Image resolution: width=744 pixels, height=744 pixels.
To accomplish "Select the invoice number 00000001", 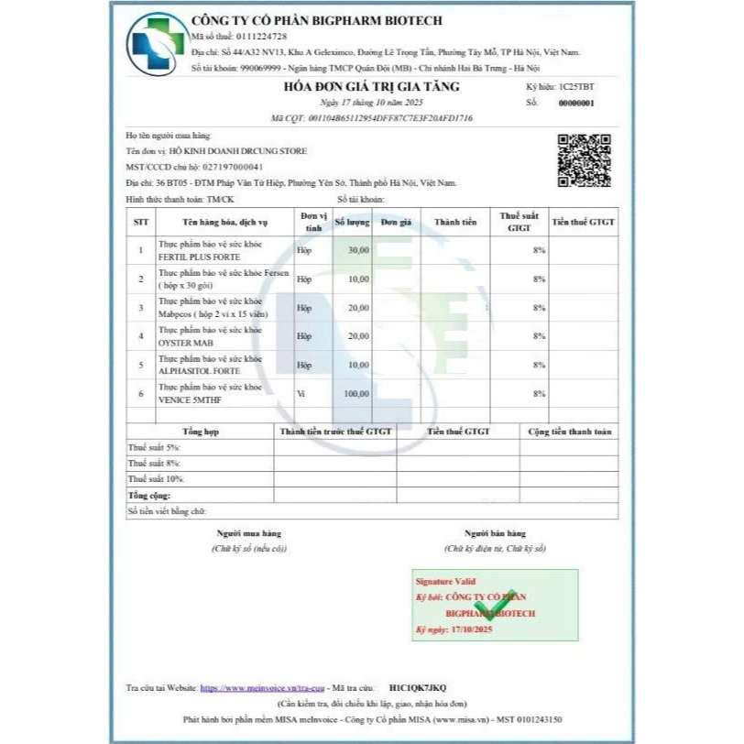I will pos(575,104).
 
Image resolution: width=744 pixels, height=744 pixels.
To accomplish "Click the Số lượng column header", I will pos(352,223).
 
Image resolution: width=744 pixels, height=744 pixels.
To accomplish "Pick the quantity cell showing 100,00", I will pos(356,393).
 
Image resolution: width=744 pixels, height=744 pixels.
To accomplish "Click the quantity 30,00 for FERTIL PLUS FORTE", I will pos(357,249).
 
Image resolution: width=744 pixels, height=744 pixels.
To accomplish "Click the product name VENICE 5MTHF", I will pos(189,399).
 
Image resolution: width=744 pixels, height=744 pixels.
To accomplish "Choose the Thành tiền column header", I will pos(455,223).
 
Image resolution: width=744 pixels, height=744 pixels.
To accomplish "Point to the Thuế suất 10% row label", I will pos(156,478).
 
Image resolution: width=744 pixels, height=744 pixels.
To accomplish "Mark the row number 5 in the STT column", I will pos(141,365).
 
